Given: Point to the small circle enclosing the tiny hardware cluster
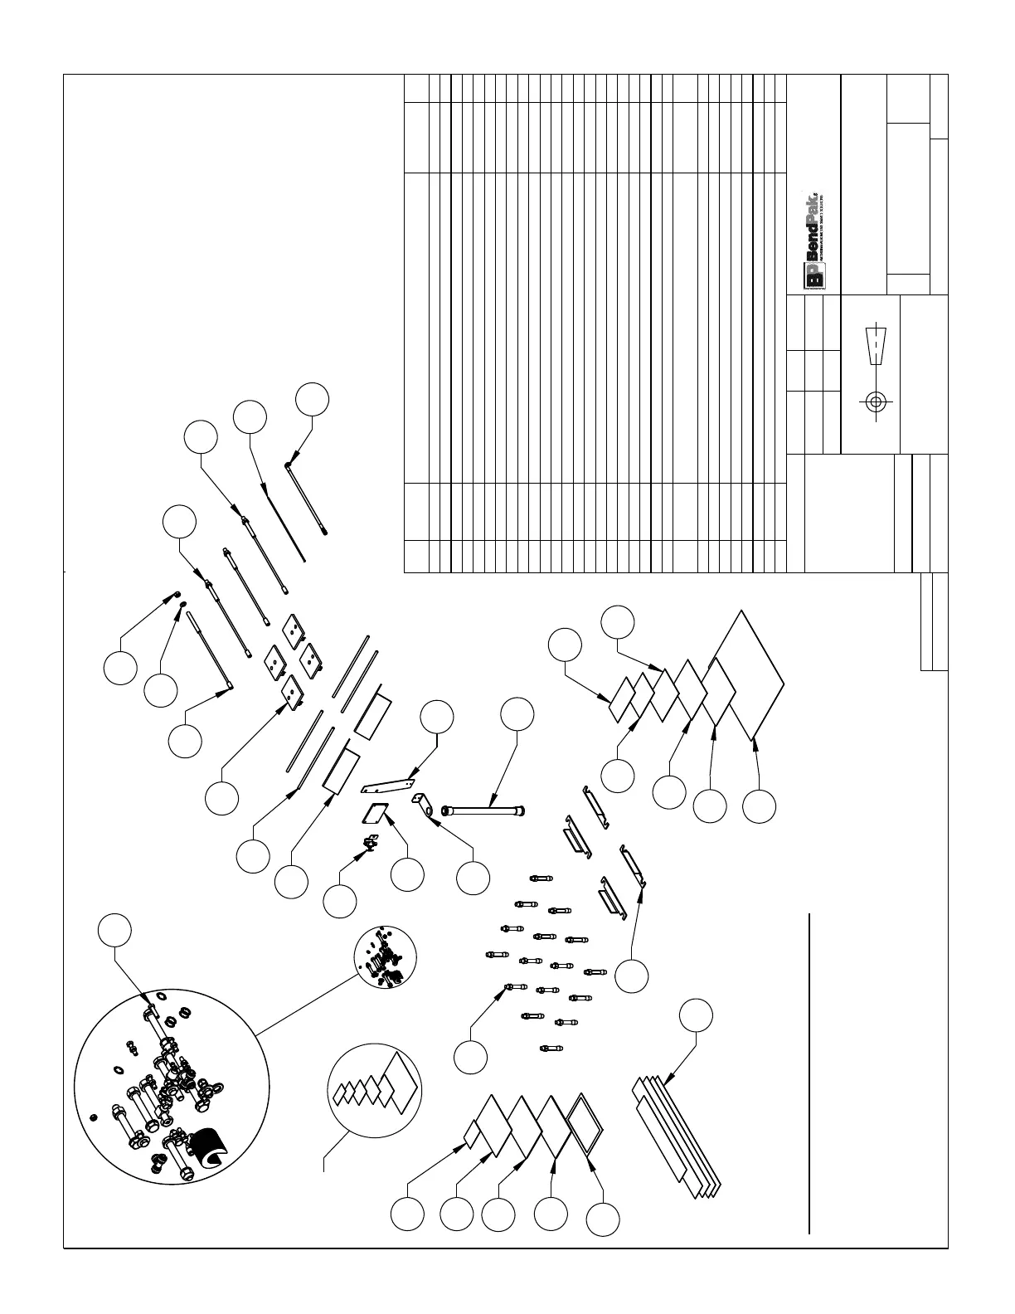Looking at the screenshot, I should pos(385,958).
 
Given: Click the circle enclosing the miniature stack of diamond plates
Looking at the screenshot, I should pos(374,1089).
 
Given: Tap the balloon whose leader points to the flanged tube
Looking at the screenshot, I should pos(517,714).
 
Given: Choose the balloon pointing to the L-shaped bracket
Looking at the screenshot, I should pos(473,878).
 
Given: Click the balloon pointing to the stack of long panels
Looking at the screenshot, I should pos(696,1015).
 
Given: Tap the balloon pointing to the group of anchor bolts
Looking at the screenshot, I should pos(471,1057).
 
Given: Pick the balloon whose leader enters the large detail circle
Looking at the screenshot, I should pos(115,930).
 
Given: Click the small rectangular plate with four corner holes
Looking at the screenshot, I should pos(377,813).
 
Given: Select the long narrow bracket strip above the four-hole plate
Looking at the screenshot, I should pos(390,783).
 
